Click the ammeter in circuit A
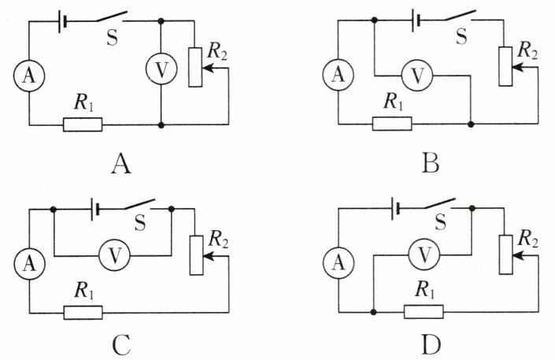(x=29, y=76)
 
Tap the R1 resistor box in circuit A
(x=83, y=124)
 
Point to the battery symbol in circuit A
(x=62, y=21)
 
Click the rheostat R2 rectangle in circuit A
(x=195, y=67)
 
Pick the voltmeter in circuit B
(x=417, y=76)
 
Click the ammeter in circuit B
(x=339, y=75)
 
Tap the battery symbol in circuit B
(x=416, y=20)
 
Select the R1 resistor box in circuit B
(x=392, y=124)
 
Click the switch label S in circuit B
(x=461, y=36)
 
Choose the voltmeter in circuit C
(x=114, y=255)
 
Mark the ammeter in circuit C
(x=30, y=263)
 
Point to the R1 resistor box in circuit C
(x=83, y=313)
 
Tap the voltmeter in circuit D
(x=424, y=254)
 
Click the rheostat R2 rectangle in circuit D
(x=506, y=254)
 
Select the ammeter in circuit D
(x=339, y=263)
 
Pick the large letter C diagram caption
(x=121, y=345)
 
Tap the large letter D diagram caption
(x=431, y=345)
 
